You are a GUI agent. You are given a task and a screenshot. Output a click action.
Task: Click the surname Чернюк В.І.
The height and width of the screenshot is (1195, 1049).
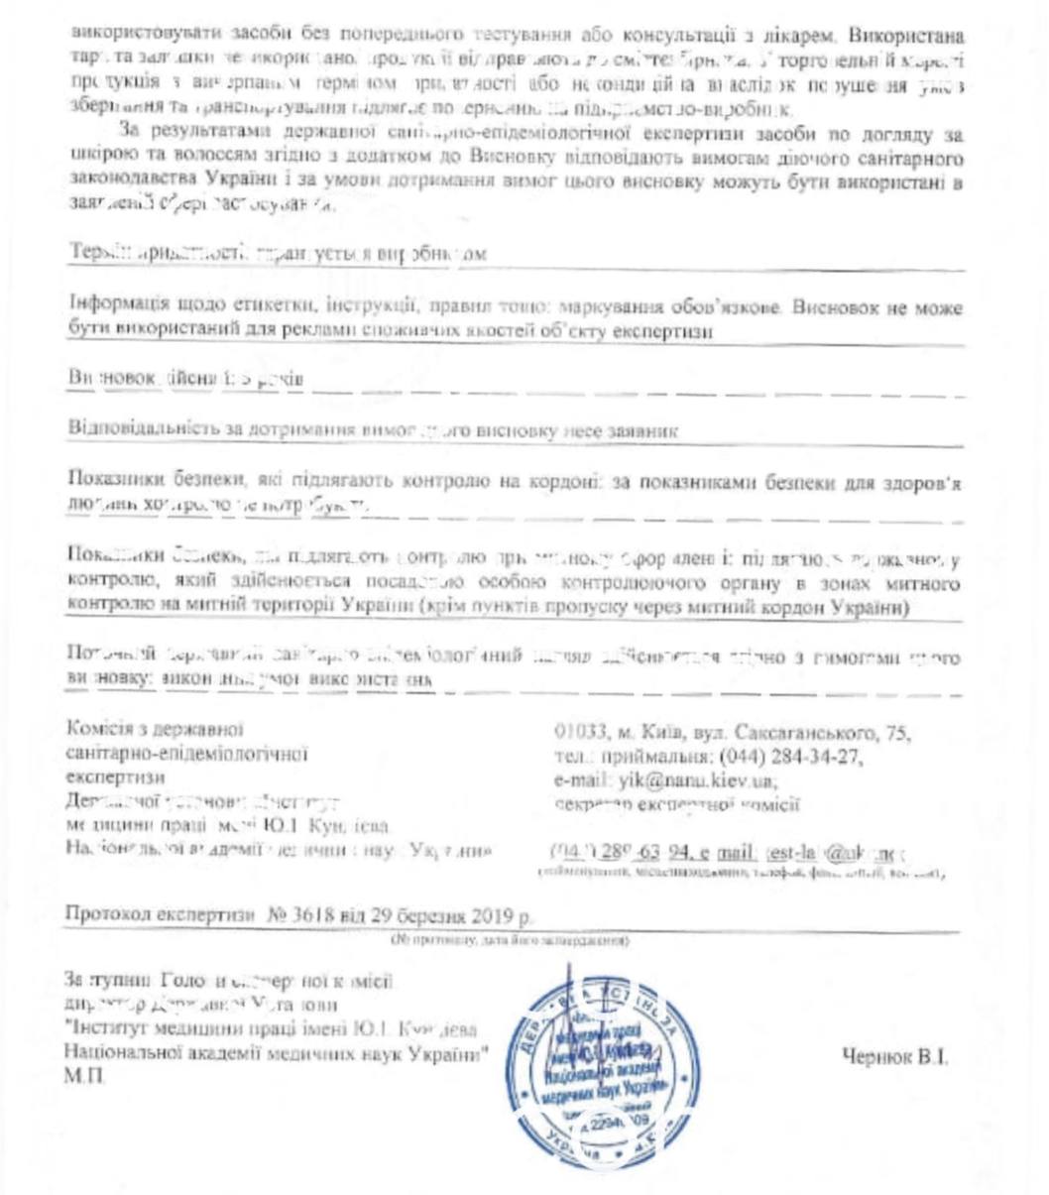tap(894, 1057)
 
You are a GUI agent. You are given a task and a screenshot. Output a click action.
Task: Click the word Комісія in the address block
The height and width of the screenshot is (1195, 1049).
tap(94, 732)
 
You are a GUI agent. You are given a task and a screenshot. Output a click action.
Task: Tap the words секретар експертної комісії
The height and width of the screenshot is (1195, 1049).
tap(677, 803)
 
